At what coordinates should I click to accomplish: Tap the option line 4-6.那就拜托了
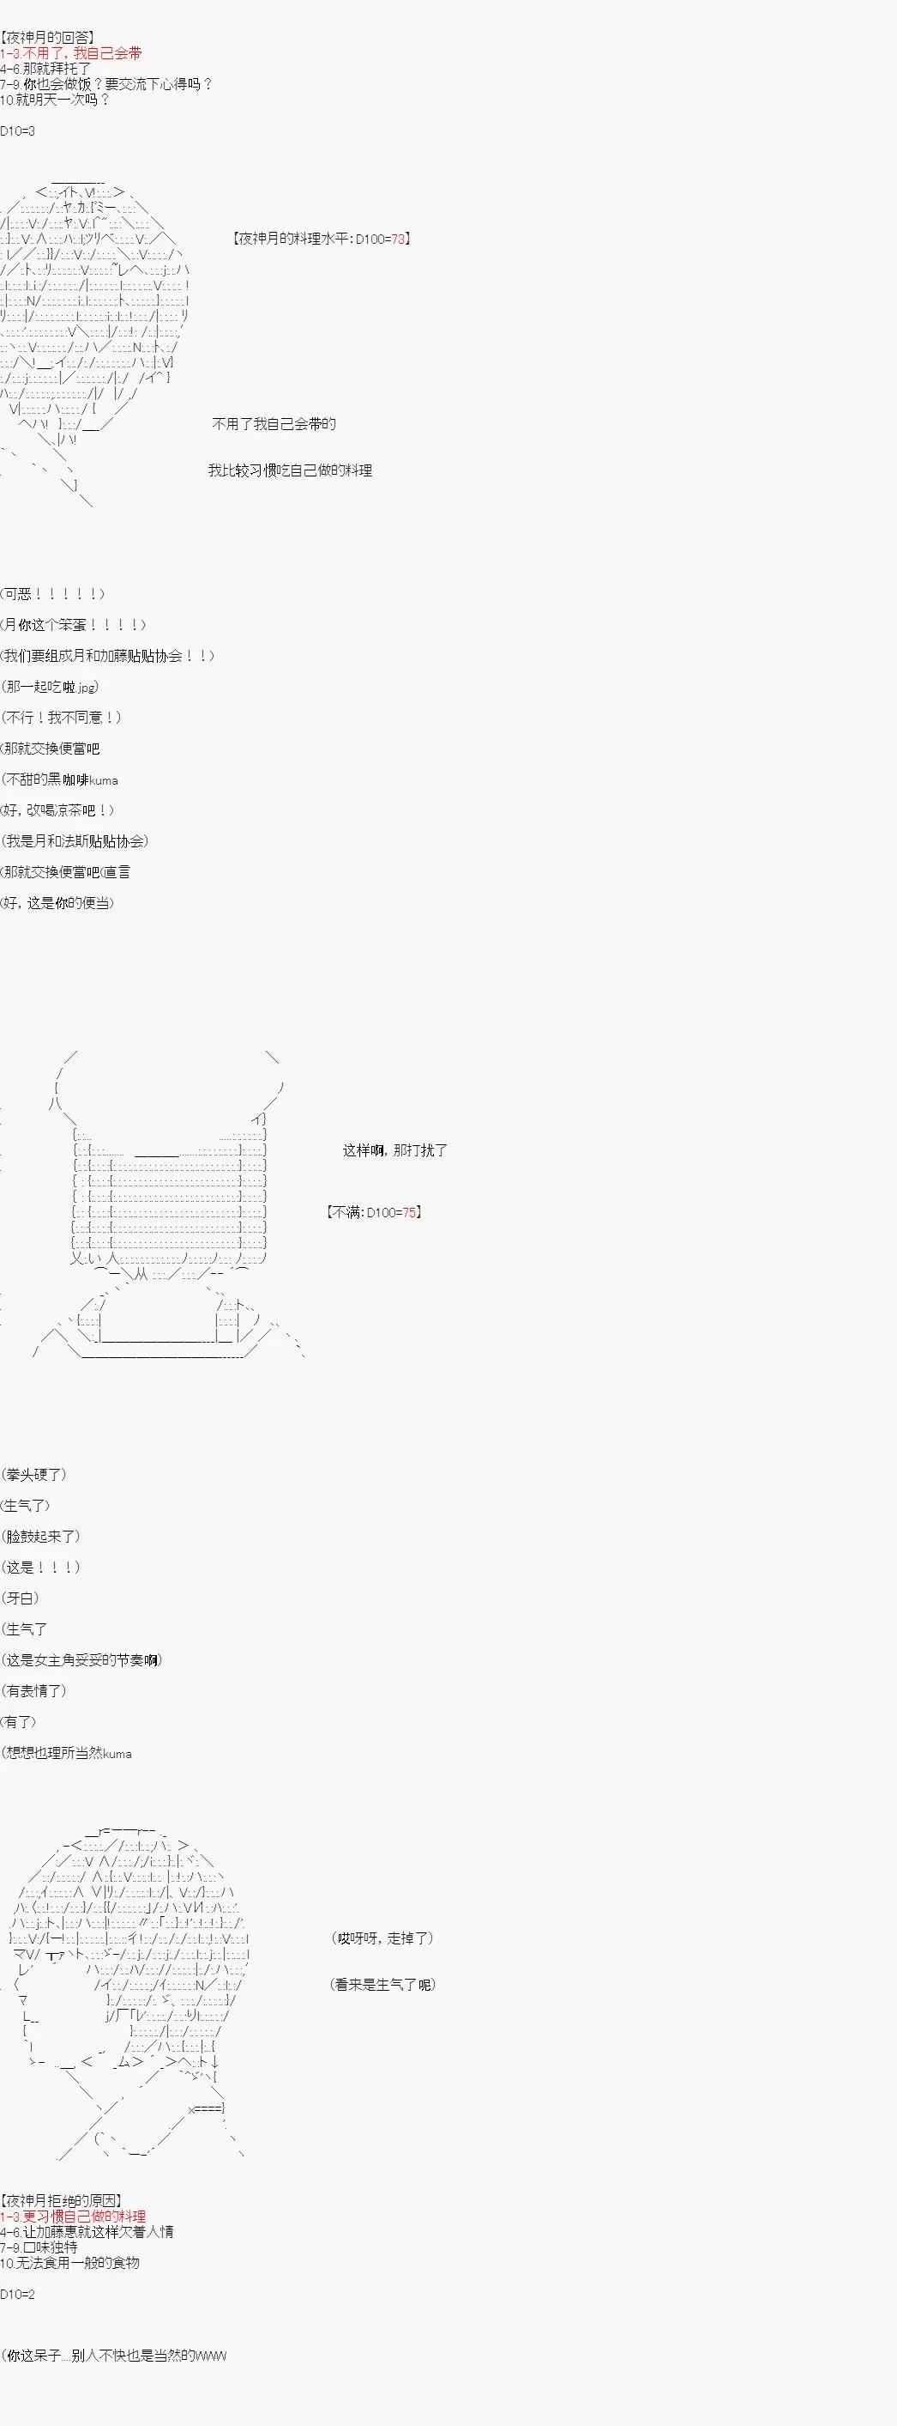(x=46, y=69)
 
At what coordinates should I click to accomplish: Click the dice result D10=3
(x=18, y=130)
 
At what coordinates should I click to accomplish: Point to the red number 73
(x=398, y=240)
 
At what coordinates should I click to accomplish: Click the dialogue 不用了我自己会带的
(x=274, y=424)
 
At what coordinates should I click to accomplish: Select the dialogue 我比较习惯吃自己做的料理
(x=290, y=470)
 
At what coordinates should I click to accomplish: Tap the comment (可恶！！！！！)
(x=54, y=593)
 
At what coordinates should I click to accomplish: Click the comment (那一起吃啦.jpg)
(x=51, y=687)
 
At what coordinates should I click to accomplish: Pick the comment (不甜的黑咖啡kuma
(x=60, y=779)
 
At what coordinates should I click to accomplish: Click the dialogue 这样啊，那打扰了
(x=395, y=1149)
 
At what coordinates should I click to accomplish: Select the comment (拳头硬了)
(x=35, y=1474)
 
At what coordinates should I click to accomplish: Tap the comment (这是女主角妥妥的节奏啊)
(x=83, y=1660)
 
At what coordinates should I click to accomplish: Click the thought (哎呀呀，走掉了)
(x=382, y=1938)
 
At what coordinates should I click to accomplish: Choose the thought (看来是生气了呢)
(x=383, y=1984)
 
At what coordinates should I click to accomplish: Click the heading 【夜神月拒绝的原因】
(x=61, y=2201)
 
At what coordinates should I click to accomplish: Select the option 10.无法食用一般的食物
(x=70, y=2262)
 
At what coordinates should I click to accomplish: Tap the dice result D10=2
(x=18, y=2293)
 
